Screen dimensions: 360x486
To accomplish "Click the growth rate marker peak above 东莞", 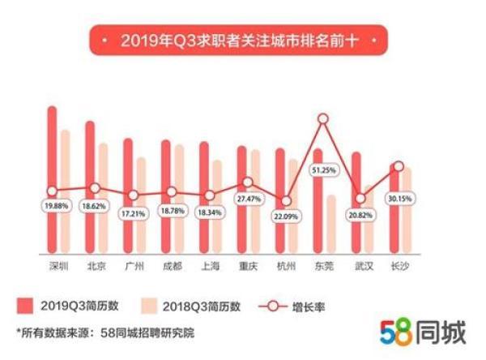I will (x=324, y=119).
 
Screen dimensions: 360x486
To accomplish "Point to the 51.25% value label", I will (x=324, y=171).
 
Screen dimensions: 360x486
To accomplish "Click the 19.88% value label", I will (x=53, y=207).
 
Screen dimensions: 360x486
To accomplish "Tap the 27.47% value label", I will (x=248, y=199).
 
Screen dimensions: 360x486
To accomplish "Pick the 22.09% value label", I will (x=286, y=216).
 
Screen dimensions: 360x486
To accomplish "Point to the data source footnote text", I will (x=105, y=332).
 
